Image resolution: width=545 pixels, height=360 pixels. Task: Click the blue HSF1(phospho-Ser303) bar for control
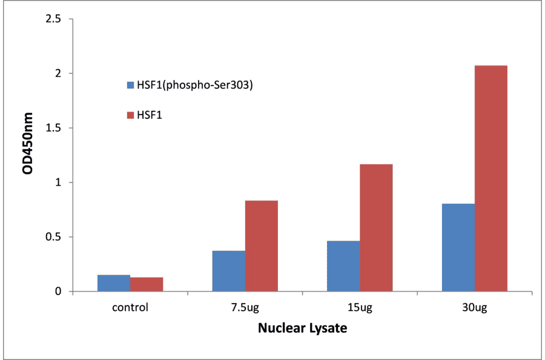coord(114,283)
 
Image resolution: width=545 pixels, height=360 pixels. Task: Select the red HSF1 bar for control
coord(147,284)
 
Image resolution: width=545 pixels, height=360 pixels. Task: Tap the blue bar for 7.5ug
coord(229,271)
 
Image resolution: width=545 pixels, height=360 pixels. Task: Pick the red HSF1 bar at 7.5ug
coord(262,246)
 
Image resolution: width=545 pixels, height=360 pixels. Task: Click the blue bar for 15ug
coord(343,266)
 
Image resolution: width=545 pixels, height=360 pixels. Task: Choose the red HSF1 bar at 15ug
coord(376,228)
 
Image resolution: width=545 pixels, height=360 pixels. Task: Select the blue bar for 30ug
coord(458,247)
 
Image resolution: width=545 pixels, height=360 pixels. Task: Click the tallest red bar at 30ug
coord(491,178)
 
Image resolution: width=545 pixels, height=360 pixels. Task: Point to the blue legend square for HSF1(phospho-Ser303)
coord(130,85)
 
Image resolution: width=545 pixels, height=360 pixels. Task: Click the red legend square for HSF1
coord(130,114)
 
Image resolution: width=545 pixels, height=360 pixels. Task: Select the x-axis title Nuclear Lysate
coord(302,328)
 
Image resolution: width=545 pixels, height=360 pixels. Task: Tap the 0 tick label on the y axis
coord(58,292)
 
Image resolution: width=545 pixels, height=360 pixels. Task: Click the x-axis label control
coord(130,307)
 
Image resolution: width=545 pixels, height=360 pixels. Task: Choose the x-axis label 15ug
coord(360,307)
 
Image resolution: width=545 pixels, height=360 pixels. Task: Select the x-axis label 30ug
coord(475,307)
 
